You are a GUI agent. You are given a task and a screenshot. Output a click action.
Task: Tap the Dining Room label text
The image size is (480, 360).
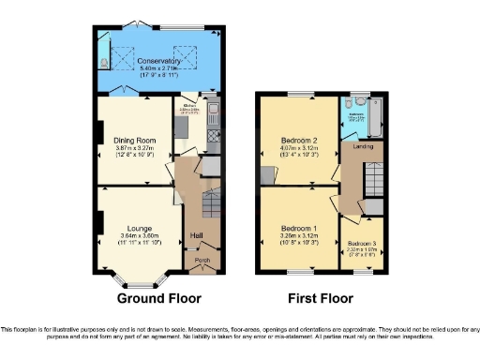pos(135,141)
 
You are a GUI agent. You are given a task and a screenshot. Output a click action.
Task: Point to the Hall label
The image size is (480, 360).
pos(198,235)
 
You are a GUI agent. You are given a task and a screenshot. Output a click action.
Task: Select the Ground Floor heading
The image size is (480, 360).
pos(156,299)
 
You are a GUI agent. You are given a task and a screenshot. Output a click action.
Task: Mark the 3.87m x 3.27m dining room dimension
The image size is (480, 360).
pos(135,148)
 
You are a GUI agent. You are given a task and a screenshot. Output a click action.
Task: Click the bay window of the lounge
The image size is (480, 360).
pos(140,280)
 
